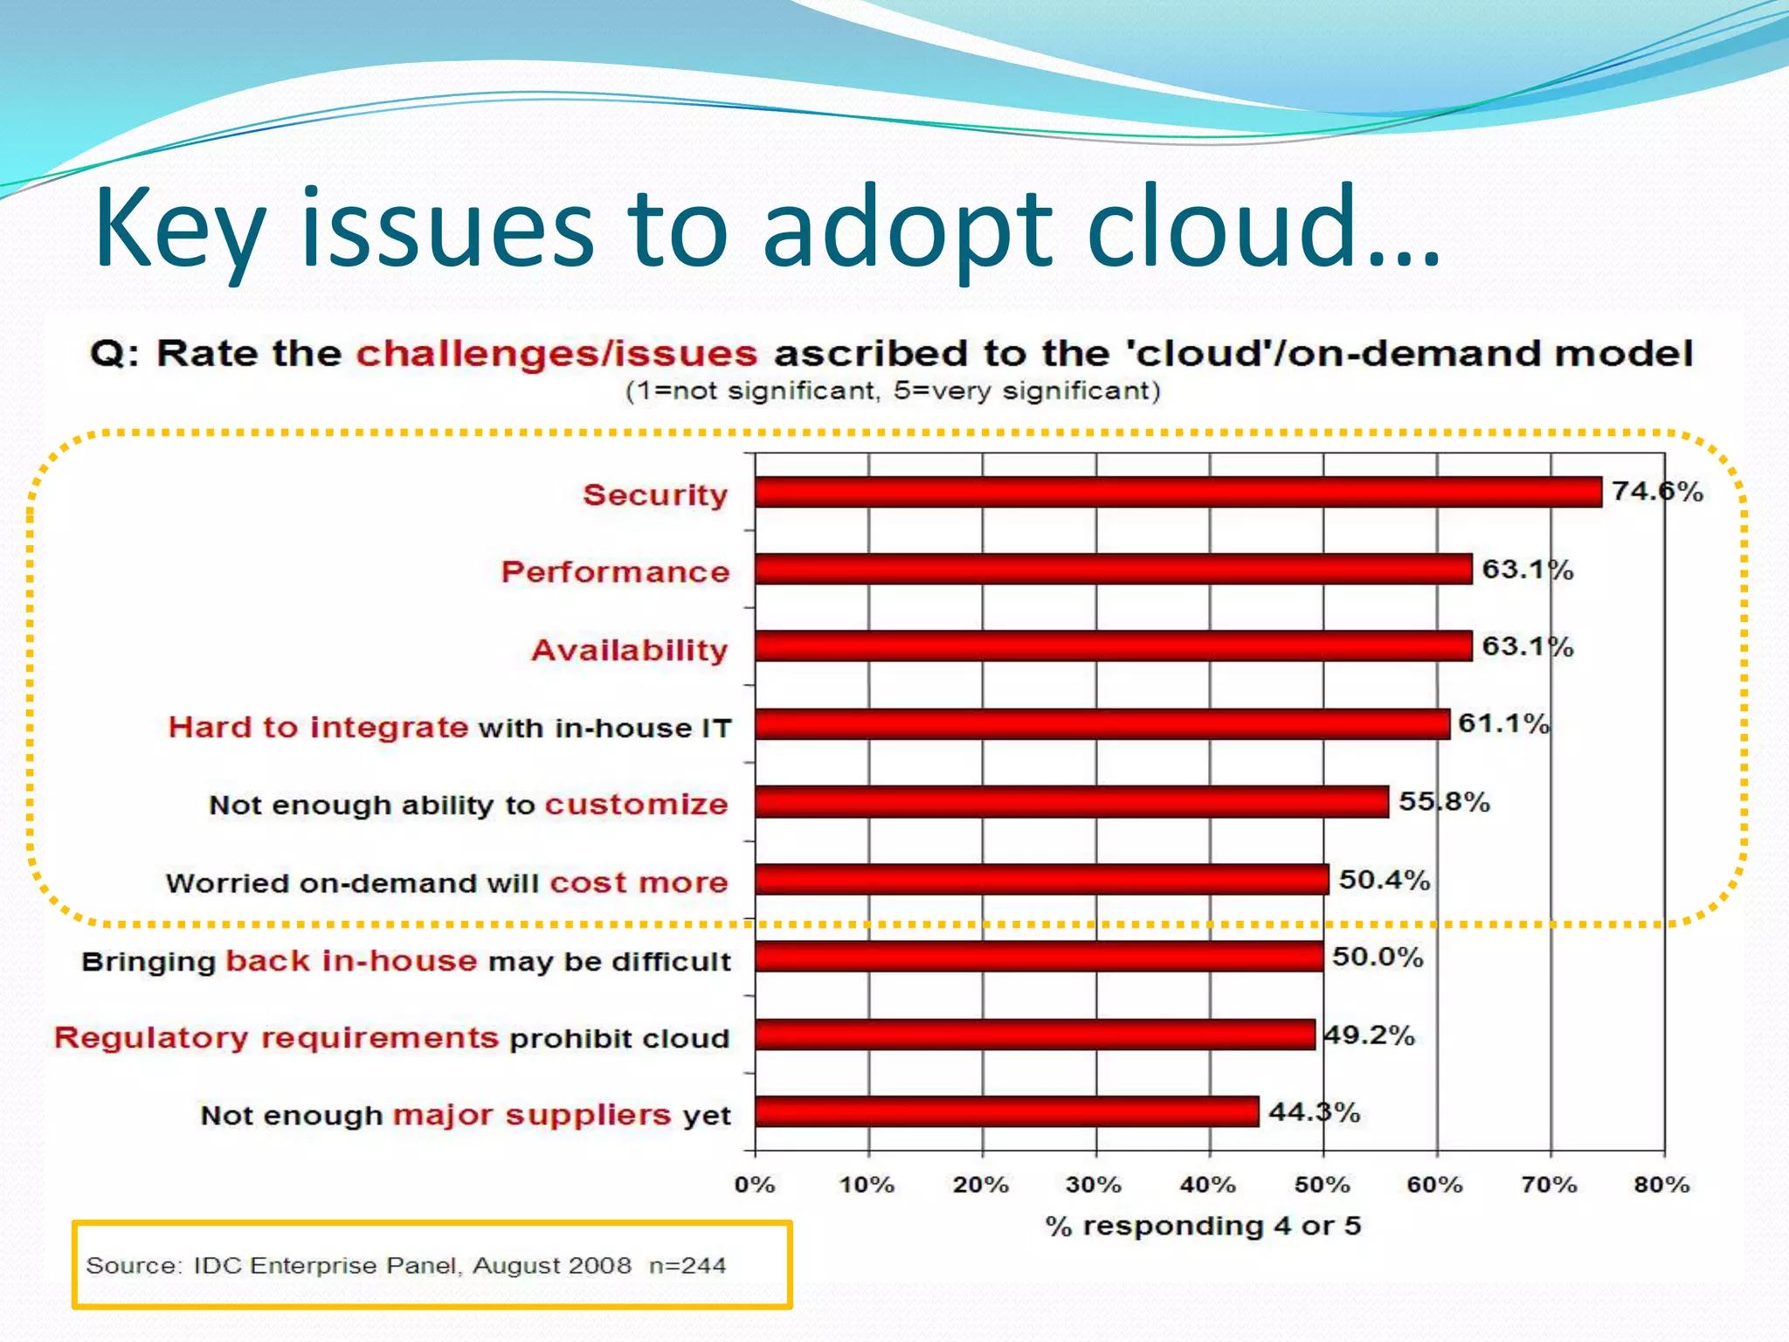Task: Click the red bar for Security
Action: pos(1178,492)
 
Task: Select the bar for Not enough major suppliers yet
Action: pos(1006,1112)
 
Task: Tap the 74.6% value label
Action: pos(1657,491)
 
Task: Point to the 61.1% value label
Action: pos(1503,723)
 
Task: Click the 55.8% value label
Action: pos(1444,801)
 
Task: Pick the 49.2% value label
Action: pos(1369,1035)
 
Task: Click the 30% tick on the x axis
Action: pos(1094,1185)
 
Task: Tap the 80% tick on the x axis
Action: pos(1661,1185)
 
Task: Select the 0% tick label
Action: pos(755,1185)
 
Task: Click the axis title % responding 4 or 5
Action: pos(1203,1226)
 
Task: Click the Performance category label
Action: pos(615,571)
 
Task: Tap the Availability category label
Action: pos(629,650)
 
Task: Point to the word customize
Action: pos(636,804)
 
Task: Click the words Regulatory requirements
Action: pos(276,1038)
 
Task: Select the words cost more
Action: pos(639,882)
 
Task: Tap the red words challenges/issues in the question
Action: pos(556,354)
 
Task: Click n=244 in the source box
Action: pos(687,1265)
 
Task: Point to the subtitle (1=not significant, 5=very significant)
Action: pos(893,391)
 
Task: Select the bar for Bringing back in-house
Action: pos(1039,957)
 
